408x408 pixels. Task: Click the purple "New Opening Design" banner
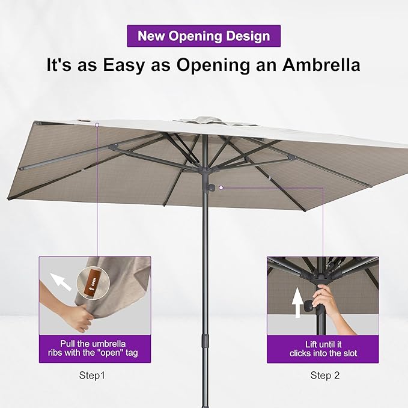(x=204, y=35)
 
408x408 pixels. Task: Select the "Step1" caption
(x=92, y=376)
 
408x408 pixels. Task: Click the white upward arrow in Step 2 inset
(x=297, y=302)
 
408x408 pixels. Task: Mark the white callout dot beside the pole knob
(x=221, y=188)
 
